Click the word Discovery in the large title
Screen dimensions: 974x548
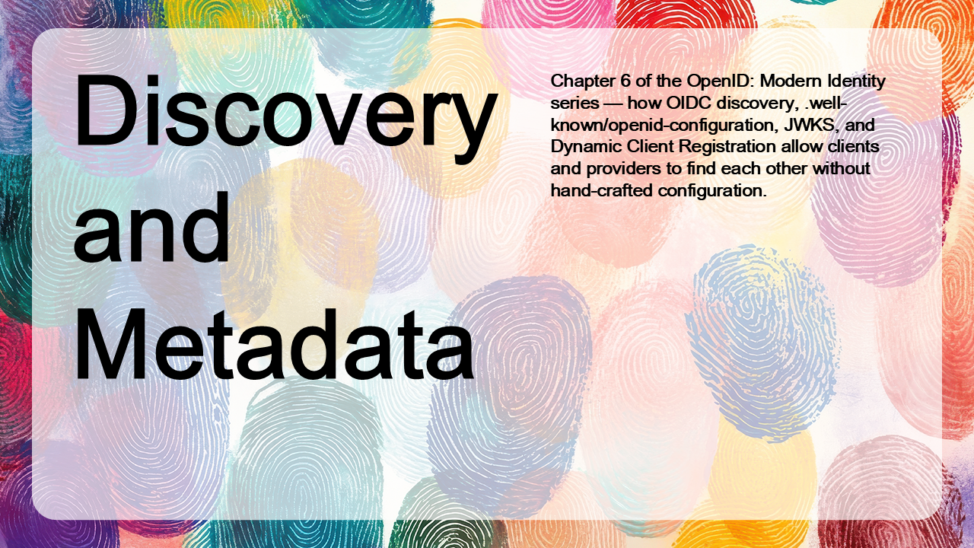pos(285,116)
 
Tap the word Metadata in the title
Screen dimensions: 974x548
pos(275,342)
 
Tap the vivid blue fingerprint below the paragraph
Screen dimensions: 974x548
pos(760,343)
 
